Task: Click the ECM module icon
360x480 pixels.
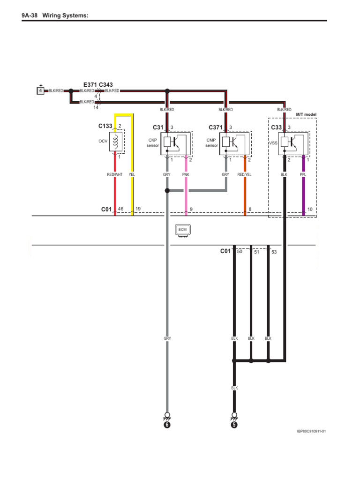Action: [183, 230]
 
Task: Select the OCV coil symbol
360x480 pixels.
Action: [115, 141]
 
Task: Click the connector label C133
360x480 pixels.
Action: [105, 126]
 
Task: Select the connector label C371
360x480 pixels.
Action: [216, 127]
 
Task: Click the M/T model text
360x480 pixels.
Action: [306, 114]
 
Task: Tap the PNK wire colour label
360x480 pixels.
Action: [186, 175]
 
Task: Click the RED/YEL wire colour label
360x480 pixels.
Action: [244, 175]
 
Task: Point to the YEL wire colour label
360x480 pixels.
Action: [132, 175]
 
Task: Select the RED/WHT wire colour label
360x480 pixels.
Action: [114, 175]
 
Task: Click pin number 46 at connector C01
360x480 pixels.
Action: [120, 209]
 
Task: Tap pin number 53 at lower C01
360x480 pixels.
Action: [274, 252]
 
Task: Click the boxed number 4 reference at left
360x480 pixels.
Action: [41, 90]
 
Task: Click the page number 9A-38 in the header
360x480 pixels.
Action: [30, 16]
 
